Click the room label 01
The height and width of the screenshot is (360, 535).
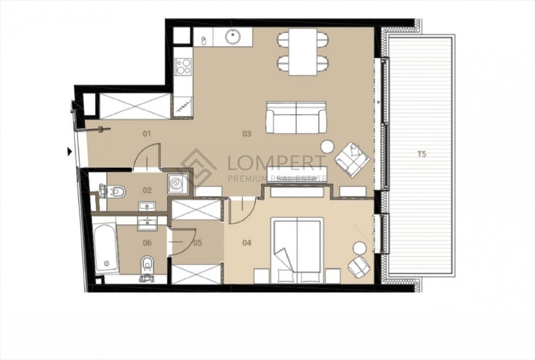[147, 134]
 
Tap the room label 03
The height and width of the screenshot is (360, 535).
[247, 134]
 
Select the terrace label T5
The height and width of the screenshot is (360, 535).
[422, 154]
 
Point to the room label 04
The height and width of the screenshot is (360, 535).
[247, 243]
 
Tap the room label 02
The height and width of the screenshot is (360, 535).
[147, 190]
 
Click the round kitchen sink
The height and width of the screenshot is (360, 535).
[233, 36]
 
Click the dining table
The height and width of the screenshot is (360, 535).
[303, 52]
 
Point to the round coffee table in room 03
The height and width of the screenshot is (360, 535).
[327, 147]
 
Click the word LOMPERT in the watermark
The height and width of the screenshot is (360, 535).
[277, 163]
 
